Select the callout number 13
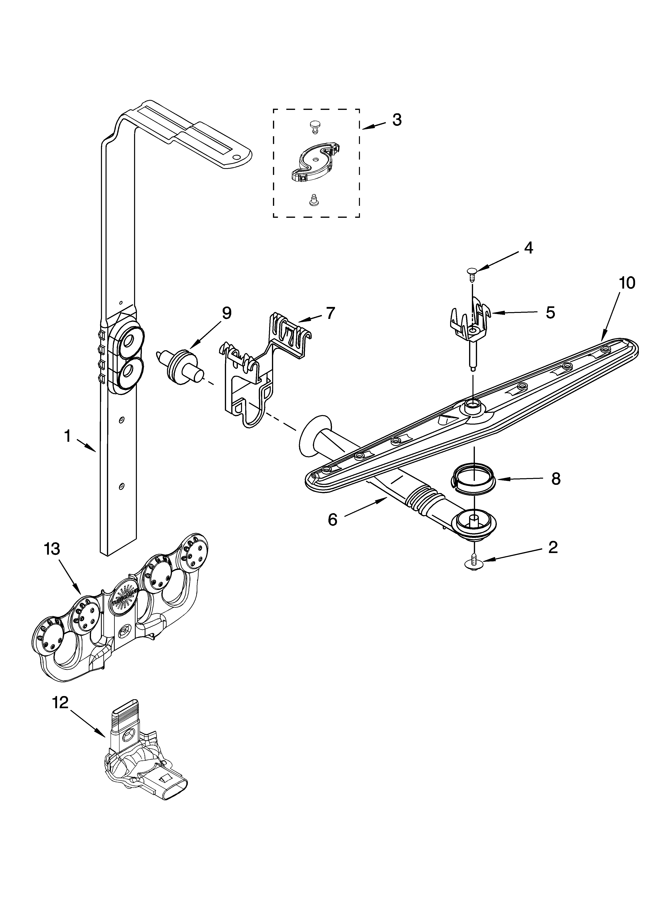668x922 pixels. (52, 549)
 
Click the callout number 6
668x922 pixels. (333, 520)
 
